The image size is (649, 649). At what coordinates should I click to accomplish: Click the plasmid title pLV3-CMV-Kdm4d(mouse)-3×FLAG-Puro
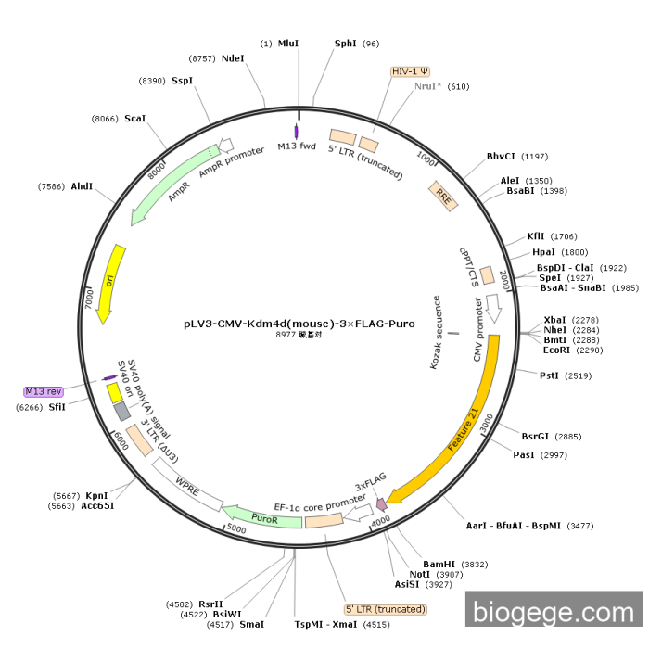(299, 324)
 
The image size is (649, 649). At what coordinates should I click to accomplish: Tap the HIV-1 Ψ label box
(411, 70)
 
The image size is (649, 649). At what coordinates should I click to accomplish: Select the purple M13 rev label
(44, 391)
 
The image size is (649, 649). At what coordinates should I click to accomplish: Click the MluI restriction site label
(288, 44)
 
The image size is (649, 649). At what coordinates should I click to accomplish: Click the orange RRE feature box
(443, 196)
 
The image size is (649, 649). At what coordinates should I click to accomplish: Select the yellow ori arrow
(108, 283)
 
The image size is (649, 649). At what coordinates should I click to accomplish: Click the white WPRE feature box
(187, 484)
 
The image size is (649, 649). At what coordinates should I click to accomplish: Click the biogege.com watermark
(554, 612)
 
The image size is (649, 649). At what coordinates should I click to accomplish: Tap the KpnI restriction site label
(96, 495)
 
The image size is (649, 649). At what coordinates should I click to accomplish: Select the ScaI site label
(134, 119)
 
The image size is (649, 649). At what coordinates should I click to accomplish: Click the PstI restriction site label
(550, 375)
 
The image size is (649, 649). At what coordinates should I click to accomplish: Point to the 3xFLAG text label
(370, 482)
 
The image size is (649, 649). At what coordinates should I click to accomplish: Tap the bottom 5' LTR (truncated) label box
(386, 609)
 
